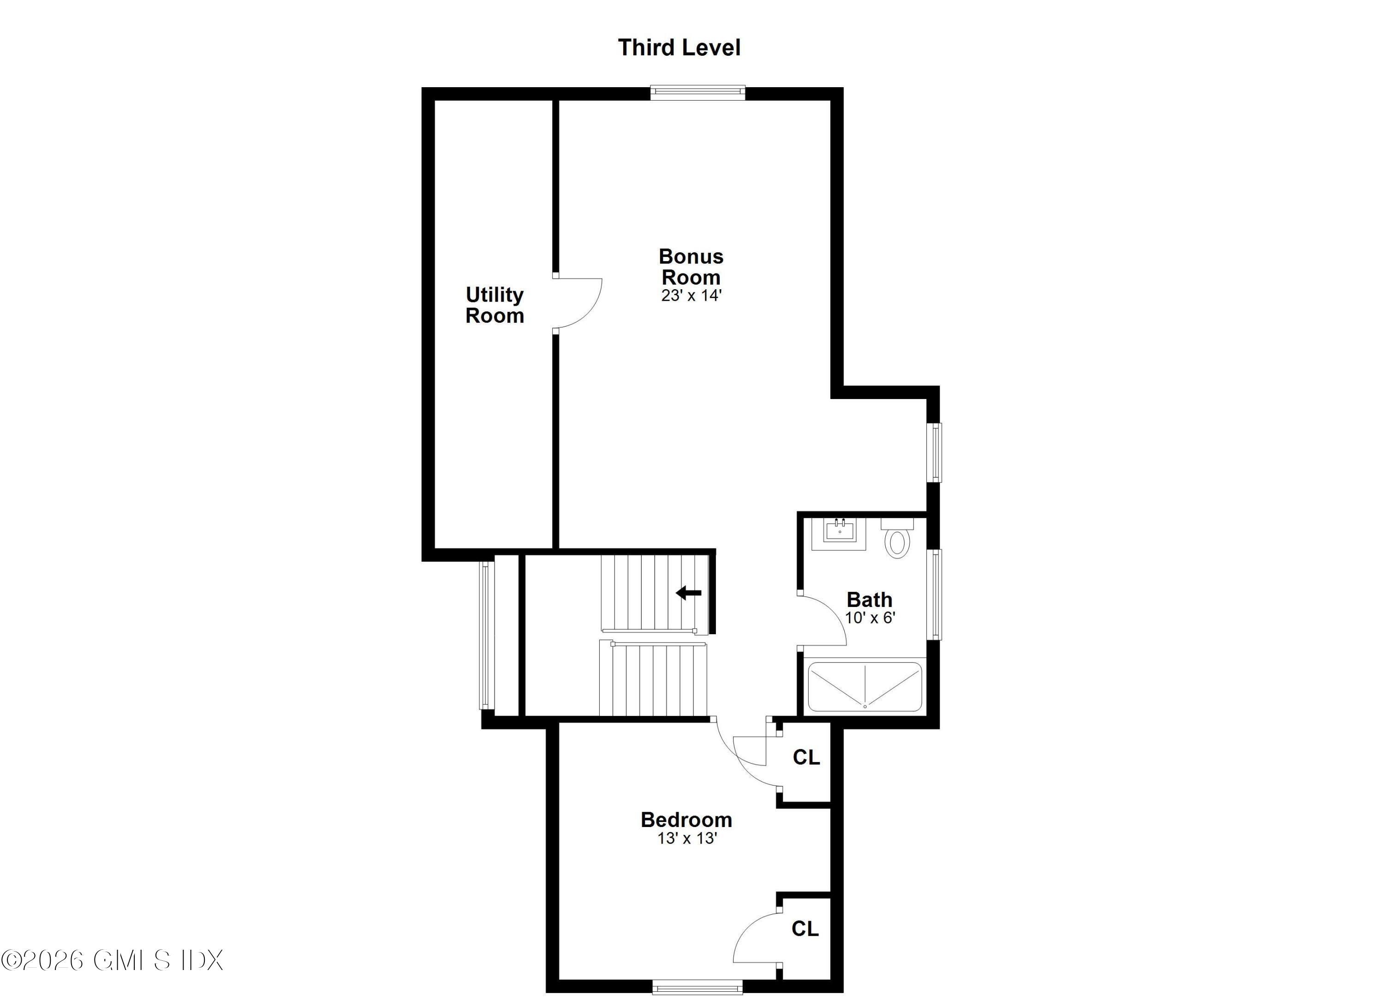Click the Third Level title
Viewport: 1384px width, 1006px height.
pyautogui.click(x=679, y=48)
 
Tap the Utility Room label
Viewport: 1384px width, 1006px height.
pyautogui.click(x=494, y=305)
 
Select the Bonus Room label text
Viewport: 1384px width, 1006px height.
pyautogui.click(x=691, y=267)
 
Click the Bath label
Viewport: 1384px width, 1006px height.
pyautogui.click(x=869, y=600)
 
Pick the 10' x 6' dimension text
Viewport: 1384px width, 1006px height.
pyautogui.click(x=869, y=618)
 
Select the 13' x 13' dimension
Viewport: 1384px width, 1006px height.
pyautogui.click(x=686, y=838)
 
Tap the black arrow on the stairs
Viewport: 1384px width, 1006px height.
pyautogui.click(x=688, y=592)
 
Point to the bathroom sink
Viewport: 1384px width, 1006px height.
pyautogui.click(x=840, y=531)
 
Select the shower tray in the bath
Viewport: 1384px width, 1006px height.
pyautogui.click(x=864, y=686)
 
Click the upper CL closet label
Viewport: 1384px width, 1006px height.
pyautogui.click(x=805, y=758)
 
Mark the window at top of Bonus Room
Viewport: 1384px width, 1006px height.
pyautogui.click(x=698, y=93)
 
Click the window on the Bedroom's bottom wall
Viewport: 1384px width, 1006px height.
pyautogui.click(x=697, y=987)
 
